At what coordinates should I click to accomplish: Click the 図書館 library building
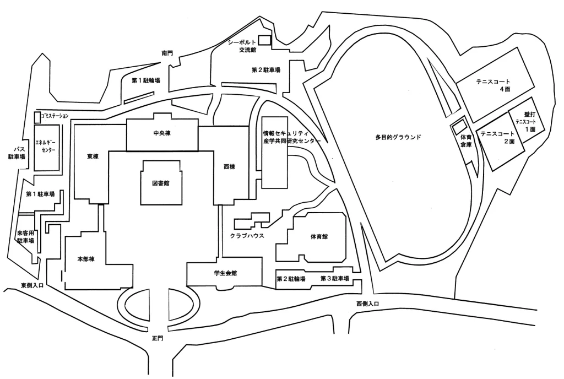pyautogui.click(x=161, y=183)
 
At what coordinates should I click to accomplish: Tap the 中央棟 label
pyautogui.click(x=162, y=134)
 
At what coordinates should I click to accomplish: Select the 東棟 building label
pyautogui.click(x=92, y=156)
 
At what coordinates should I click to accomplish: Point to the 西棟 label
pyautogui.click(x=229, y=165)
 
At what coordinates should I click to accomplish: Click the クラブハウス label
pyautogui.click(x=248, y=235)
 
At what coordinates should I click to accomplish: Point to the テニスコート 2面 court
pyautogui.click(x=497, y=138)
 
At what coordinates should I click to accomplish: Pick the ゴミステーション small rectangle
pyautogui.click(x=37, y=117)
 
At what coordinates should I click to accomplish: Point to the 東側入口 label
pyautogui.click(x=32, y=285)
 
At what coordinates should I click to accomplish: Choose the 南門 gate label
pyautogui.click(x=167, y=53)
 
